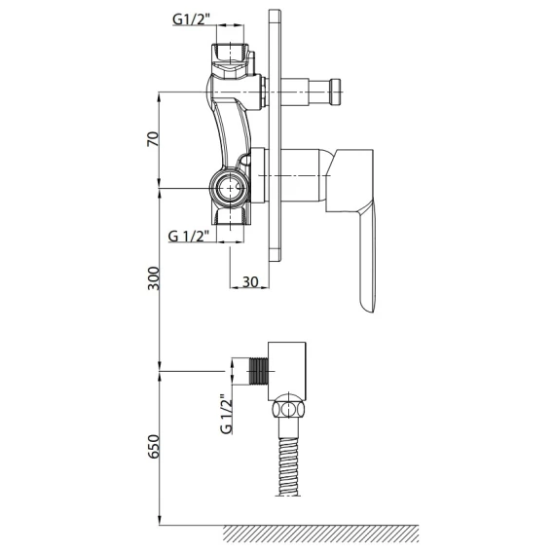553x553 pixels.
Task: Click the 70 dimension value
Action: coord(153,138)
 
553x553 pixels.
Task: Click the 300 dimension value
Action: coord(154,278)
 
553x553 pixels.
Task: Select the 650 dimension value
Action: coord(154,447)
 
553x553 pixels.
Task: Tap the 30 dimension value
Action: coord(250,281)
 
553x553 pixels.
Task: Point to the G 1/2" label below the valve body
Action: coord(189,236)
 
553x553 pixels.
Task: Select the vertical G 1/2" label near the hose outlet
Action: coord(226,414)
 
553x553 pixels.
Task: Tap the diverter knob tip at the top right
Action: coord(335,92)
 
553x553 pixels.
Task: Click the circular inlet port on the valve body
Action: coord(231,188)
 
